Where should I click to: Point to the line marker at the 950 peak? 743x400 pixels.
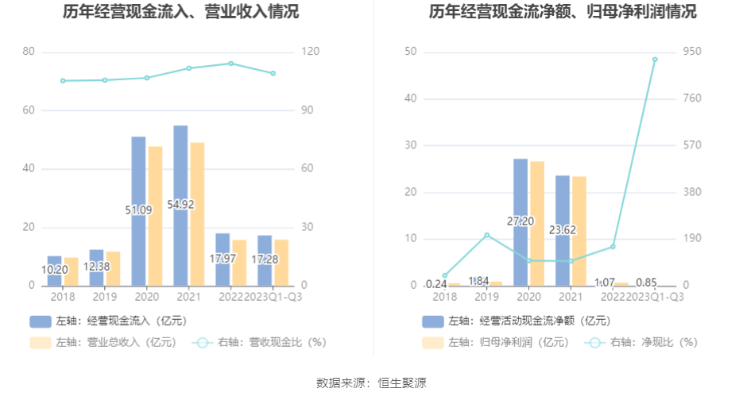pos(655,60)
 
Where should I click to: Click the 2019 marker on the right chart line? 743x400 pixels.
pos(486,235)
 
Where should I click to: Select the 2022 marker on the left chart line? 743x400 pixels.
pos(230,63)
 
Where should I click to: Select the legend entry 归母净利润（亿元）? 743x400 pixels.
pos(497,343)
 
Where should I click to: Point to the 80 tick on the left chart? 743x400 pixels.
pos(29,52)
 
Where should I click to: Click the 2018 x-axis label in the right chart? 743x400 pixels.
pos(445,296)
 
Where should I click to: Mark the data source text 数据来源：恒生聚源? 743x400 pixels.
pos(371,383)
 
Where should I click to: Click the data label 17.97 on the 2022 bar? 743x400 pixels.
pos(223,258)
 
